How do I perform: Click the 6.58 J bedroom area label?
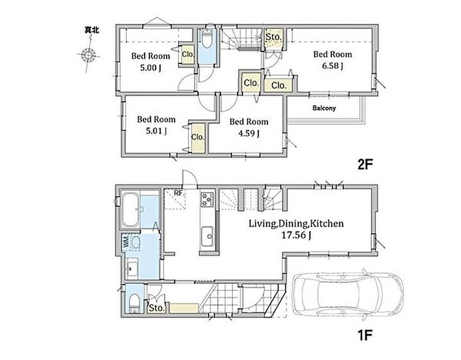pyautogui.click(x=332, y=66)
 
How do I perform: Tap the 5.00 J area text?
pyautogui.click(x=150, y=68)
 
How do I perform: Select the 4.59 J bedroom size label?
pyautogui.click(x=249, y=134)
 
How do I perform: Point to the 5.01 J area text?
pyautogui.click(x=156, y=130)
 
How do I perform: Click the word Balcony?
pyautogui.click(x=324, y=108)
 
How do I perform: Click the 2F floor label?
pyautogui.click(x=365, y=165)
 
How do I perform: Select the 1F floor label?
pyautogui.click(x=365, y=335)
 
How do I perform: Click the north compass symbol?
pyautogui.click(x=88, y=55)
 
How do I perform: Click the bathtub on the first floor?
pyautogui.click(x=130, y=209)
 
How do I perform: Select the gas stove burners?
pyautogui.click(x=207, y=199)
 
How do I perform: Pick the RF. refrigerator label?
pyautogui.click(x=179, y=193)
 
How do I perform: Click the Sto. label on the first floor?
pyautogui.click(x=157, y=308)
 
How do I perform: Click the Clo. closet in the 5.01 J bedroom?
pyautogui.click(x=197, y=137)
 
